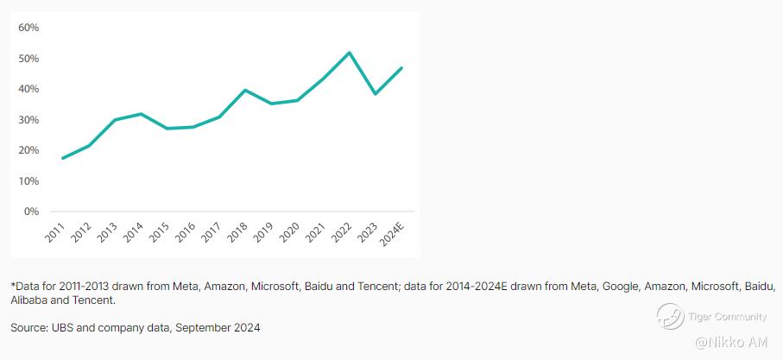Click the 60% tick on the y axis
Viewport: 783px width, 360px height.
[28, 28]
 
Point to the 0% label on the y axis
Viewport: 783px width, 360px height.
[31, 212]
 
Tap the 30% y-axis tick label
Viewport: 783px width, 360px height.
[28, 120]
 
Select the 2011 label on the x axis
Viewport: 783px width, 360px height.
[54, 232]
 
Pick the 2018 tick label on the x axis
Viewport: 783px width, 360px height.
[237, 232]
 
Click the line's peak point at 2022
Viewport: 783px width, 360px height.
[349, 53]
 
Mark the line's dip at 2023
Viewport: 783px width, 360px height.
[375, 93]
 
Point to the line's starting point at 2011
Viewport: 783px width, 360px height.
[63, 158]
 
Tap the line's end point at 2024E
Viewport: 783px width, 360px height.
[401, 68]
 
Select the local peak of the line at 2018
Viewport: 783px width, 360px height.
[245, 90]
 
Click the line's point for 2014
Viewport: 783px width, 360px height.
[141, 114]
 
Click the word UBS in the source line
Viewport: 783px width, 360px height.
[65, 328]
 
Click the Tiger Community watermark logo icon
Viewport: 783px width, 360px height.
[670, 316]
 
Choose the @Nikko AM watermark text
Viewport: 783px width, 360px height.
[731, 343]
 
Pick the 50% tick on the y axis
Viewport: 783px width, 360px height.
[28, 59]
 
